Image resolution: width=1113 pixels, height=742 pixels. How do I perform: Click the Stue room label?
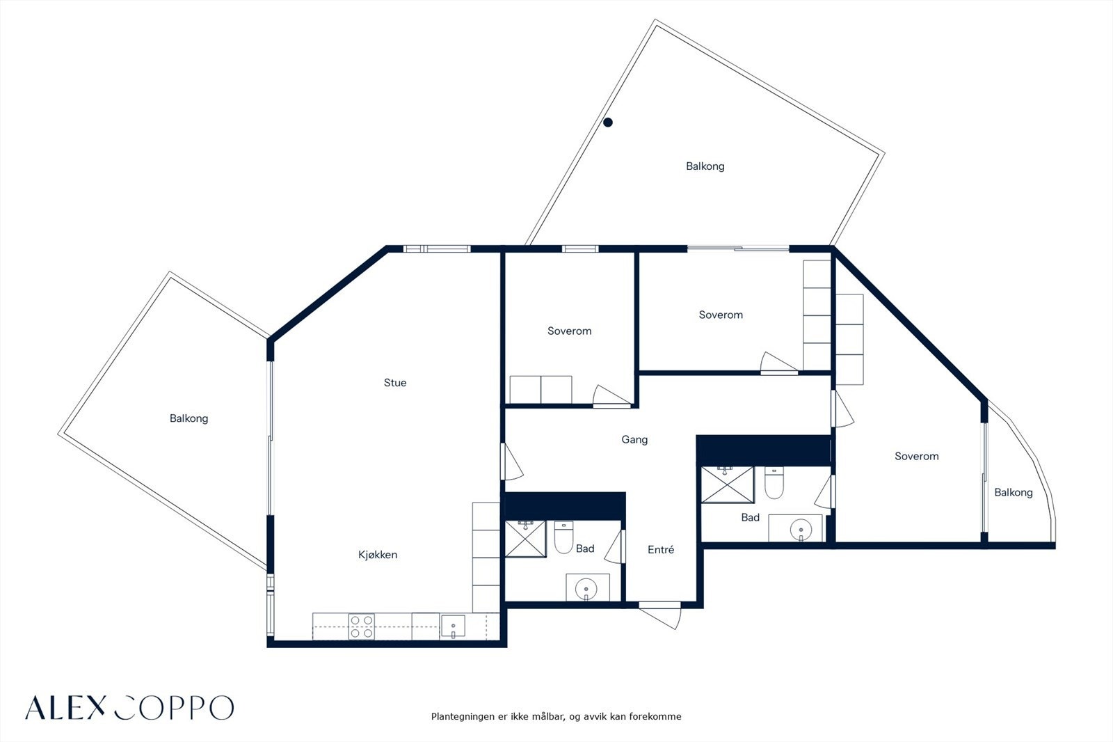[x=395, y=382]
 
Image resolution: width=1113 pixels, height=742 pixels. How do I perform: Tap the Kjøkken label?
[x=378, y=555]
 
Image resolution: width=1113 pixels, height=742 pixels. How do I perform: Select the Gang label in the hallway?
[x=634, y=440]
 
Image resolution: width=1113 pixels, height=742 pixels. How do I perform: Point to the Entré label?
[x=661, y=549]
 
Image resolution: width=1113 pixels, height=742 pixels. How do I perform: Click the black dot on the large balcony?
[x=608, y=123]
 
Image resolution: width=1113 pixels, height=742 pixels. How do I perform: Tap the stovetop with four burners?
[x=361, y=626]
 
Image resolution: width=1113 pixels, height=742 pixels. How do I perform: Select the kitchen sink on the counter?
[x=453, y=626]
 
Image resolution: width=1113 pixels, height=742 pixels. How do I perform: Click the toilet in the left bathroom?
[x=563, y=537]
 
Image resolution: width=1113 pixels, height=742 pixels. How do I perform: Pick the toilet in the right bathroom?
[x=774, y=482]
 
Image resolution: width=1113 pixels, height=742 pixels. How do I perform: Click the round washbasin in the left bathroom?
[x=586, y=590]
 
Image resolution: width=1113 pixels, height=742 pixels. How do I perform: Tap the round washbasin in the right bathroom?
[x=801, y=530]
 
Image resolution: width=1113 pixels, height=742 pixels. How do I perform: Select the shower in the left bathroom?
[x=525, y=539]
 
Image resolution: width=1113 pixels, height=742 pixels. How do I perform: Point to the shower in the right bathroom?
[x=728, y=485]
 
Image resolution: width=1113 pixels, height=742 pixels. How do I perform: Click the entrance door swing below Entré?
[x=659, y=617]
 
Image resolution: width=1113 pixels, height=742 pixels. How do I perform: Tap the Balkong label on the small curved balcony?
[x=1013, y=492]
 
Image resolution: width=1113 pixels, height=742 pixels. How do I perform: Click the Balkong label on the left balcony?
[x=189, y=418]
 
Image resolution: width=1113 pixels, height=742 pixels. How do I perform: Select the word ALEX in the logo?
[x=65, y=708]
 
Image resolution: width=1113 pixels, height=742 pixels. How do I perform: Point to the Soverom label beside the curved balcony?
[x=917, y=456]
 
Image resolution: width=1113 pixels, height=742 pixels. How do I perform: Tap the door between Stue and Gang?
[x=512, y=461]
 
